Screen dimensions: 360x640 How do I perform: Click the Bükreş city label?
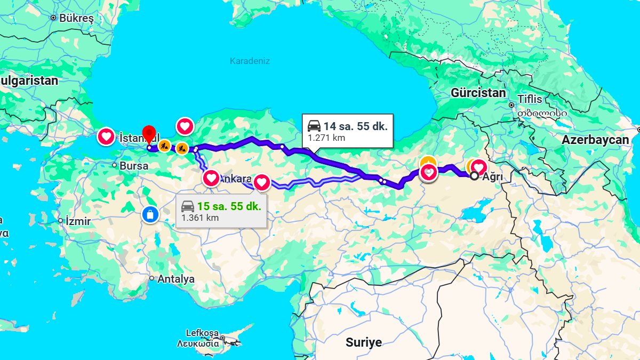[x=76, y=18]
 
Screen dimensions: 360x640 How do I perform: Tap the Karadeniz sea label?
[x=250, y=61]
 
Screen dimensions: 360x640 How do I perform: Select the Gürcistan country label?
[x=478, y=93]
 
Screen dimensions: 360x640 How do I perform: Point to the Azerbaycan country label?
[x=595, y=140]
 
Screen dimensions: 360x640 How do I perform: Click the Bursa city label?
[x=133, y=166]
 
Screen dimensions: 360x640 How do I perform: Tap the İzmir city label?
[x=78, y=220]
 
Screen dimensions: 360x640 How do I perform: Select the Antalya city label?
[x=175, y=279]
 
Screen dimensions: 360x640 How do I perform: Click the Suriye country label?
[x=363, y=342]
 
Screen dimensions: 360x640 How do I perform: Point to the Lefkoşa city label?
[x=202, y=333]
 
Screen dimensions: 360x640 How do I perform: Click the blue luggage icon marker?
[x=150, y=214]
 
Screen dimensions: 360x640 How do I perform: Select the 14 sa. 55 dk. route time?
[x=355, y=126]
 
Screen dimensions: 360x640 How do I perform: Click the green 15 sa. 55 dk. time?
[x=229, y=206]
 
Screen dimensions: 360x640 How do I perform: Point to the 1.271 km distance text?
[x=326, y=138]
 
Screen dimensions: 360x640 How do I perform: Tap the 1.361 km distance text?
[x=199, y=218]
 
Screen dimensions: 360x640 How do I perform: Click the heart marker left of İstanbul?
[x=106, y=137]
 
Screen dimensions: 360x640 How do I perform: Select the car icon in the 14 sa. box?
[x=314, y=126]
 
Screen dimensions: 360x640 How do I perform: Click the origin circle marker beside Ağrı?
[x=474, y=175]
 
